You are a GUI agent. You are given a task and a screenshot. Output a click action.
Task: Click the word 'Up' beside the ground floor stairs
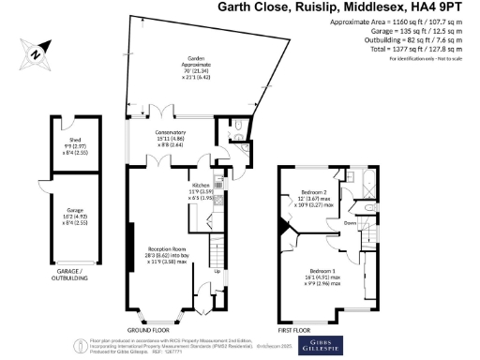click(218, 272)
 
